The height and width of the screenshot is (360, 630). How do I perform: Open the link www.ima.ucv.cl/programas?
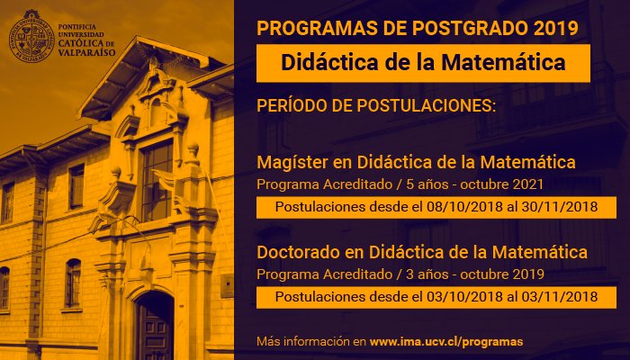click(x=446, y=342)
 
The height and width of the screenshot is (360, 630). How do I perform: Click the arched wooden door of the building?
click(x=154, y=328)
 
